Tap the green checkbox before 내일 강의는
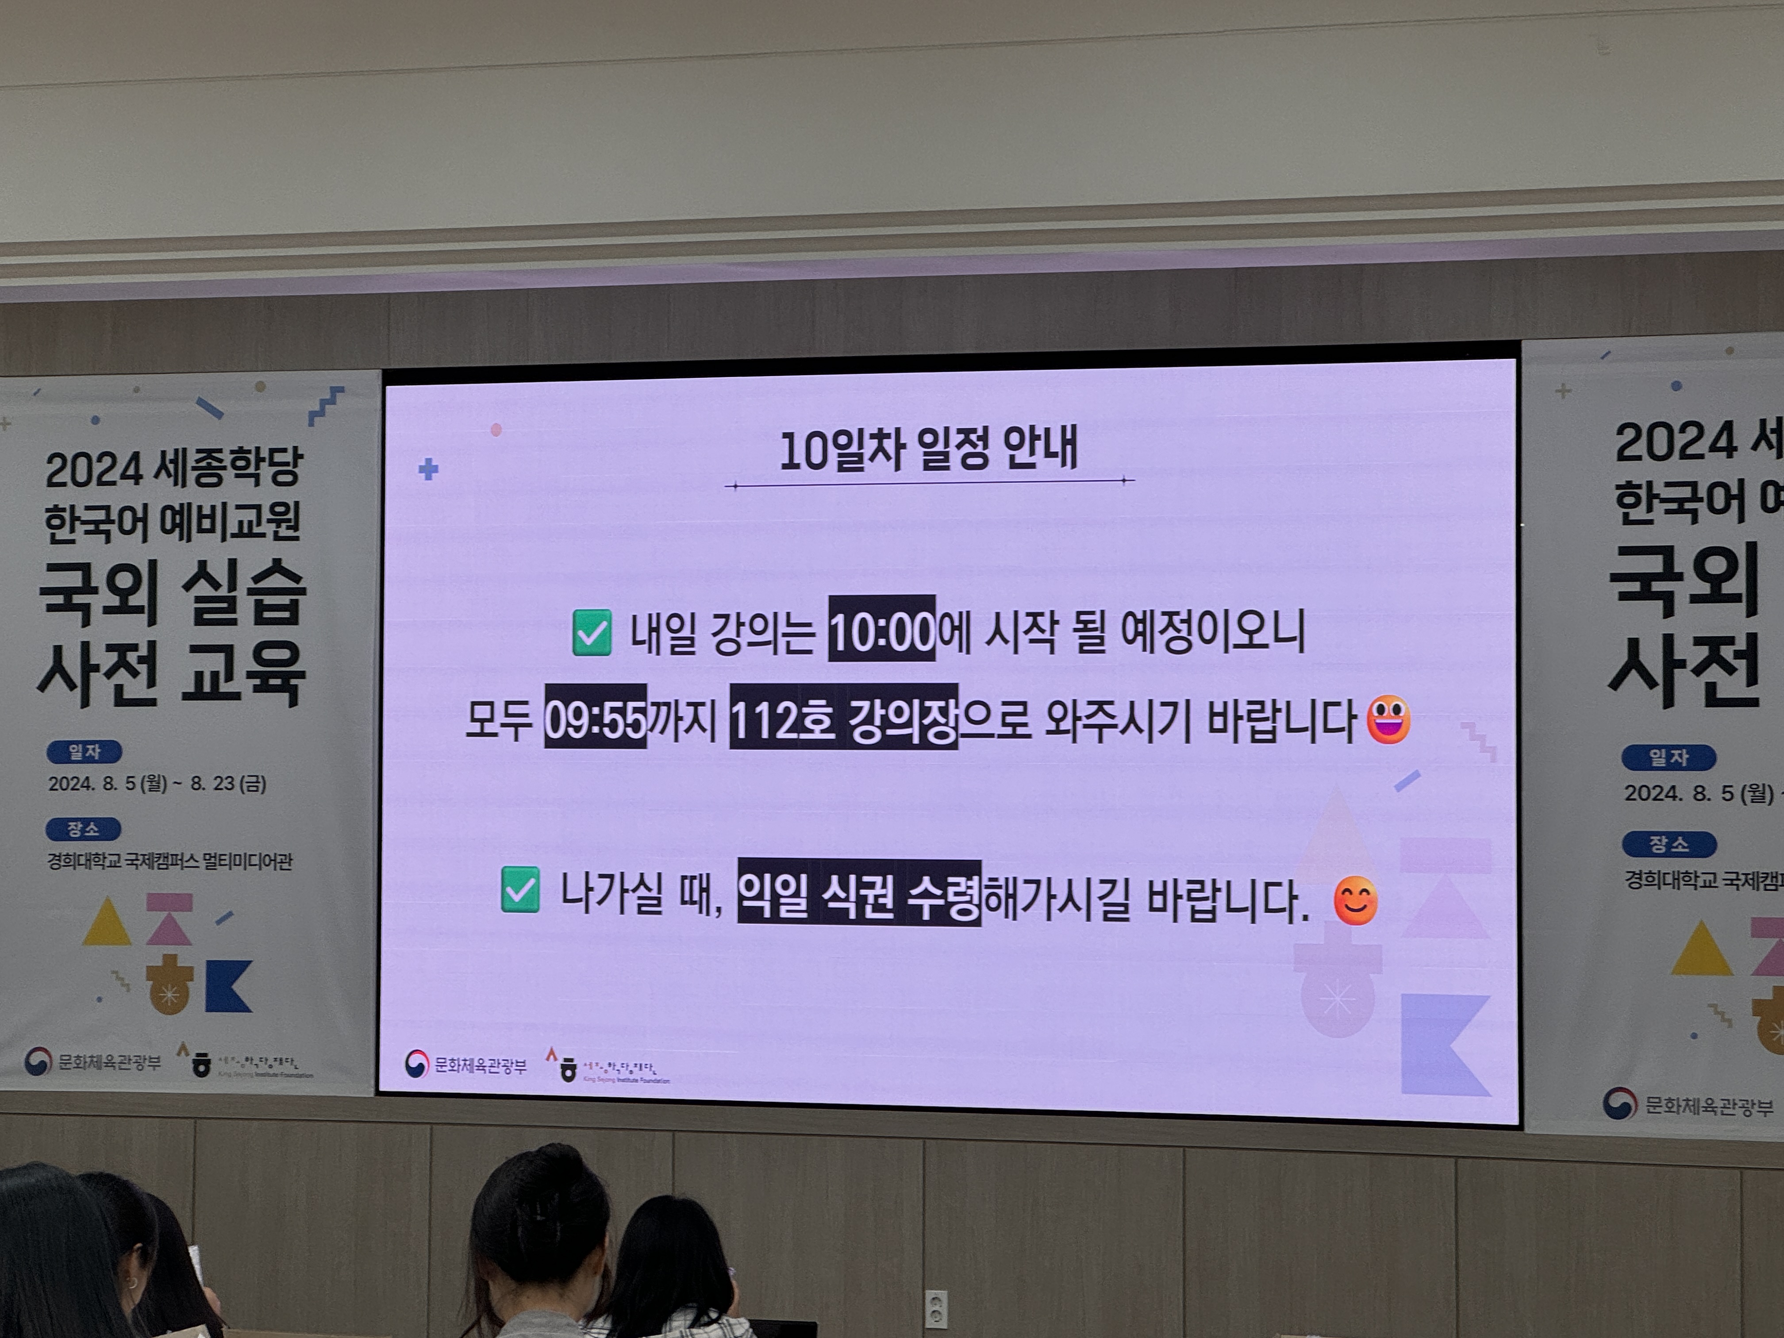coord(591,632)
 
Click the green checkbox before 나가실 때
coord(520,890)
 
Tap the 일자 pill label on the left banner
coord(84,752)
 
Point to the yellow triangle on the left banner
coord(107,923)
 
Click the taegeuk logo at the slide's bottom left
coord(416,1064)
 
